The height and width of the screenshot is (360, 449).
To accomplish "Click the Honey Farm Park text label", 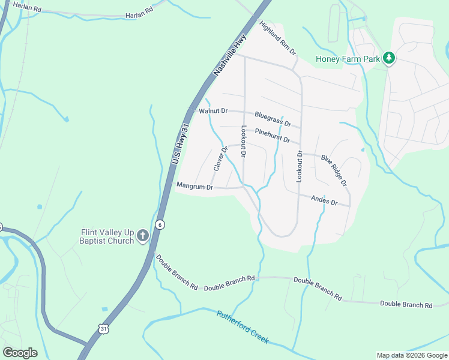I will click(348, 59).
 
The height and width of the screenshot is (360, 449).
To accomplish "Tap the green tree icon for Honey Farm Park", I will click(390, 58).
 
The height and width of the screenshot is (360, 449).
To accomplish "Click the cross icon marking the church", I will click(143, 236).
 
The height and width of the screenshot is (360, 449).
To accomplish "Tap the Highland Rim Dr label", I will click(278, 38).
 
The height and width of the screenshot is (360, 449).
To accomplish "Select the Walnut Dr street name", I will click(213, 111).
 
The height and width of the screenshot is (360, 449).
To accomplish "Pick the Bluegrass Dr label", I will click(273, 119).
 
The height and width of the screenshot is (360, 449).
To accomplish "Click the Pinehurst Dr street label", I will click(272, 135).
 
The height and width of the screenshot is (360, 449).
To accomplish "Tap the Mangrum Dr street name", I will click(194, 187).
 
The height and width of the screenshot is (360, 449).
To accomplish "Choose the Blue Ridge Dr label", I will click(334, 170).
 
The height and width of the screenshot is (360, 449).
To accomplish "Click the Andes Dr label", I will click(324, 200).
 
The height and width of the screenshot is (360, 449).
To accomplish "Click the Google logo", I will click(20, 352).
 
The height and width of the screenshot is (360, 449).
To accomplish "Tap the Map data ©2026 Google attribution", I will click(411, 355).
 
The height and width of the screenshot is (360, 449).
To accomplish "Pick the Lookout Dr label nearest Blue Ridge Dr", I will click(300, 166).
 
